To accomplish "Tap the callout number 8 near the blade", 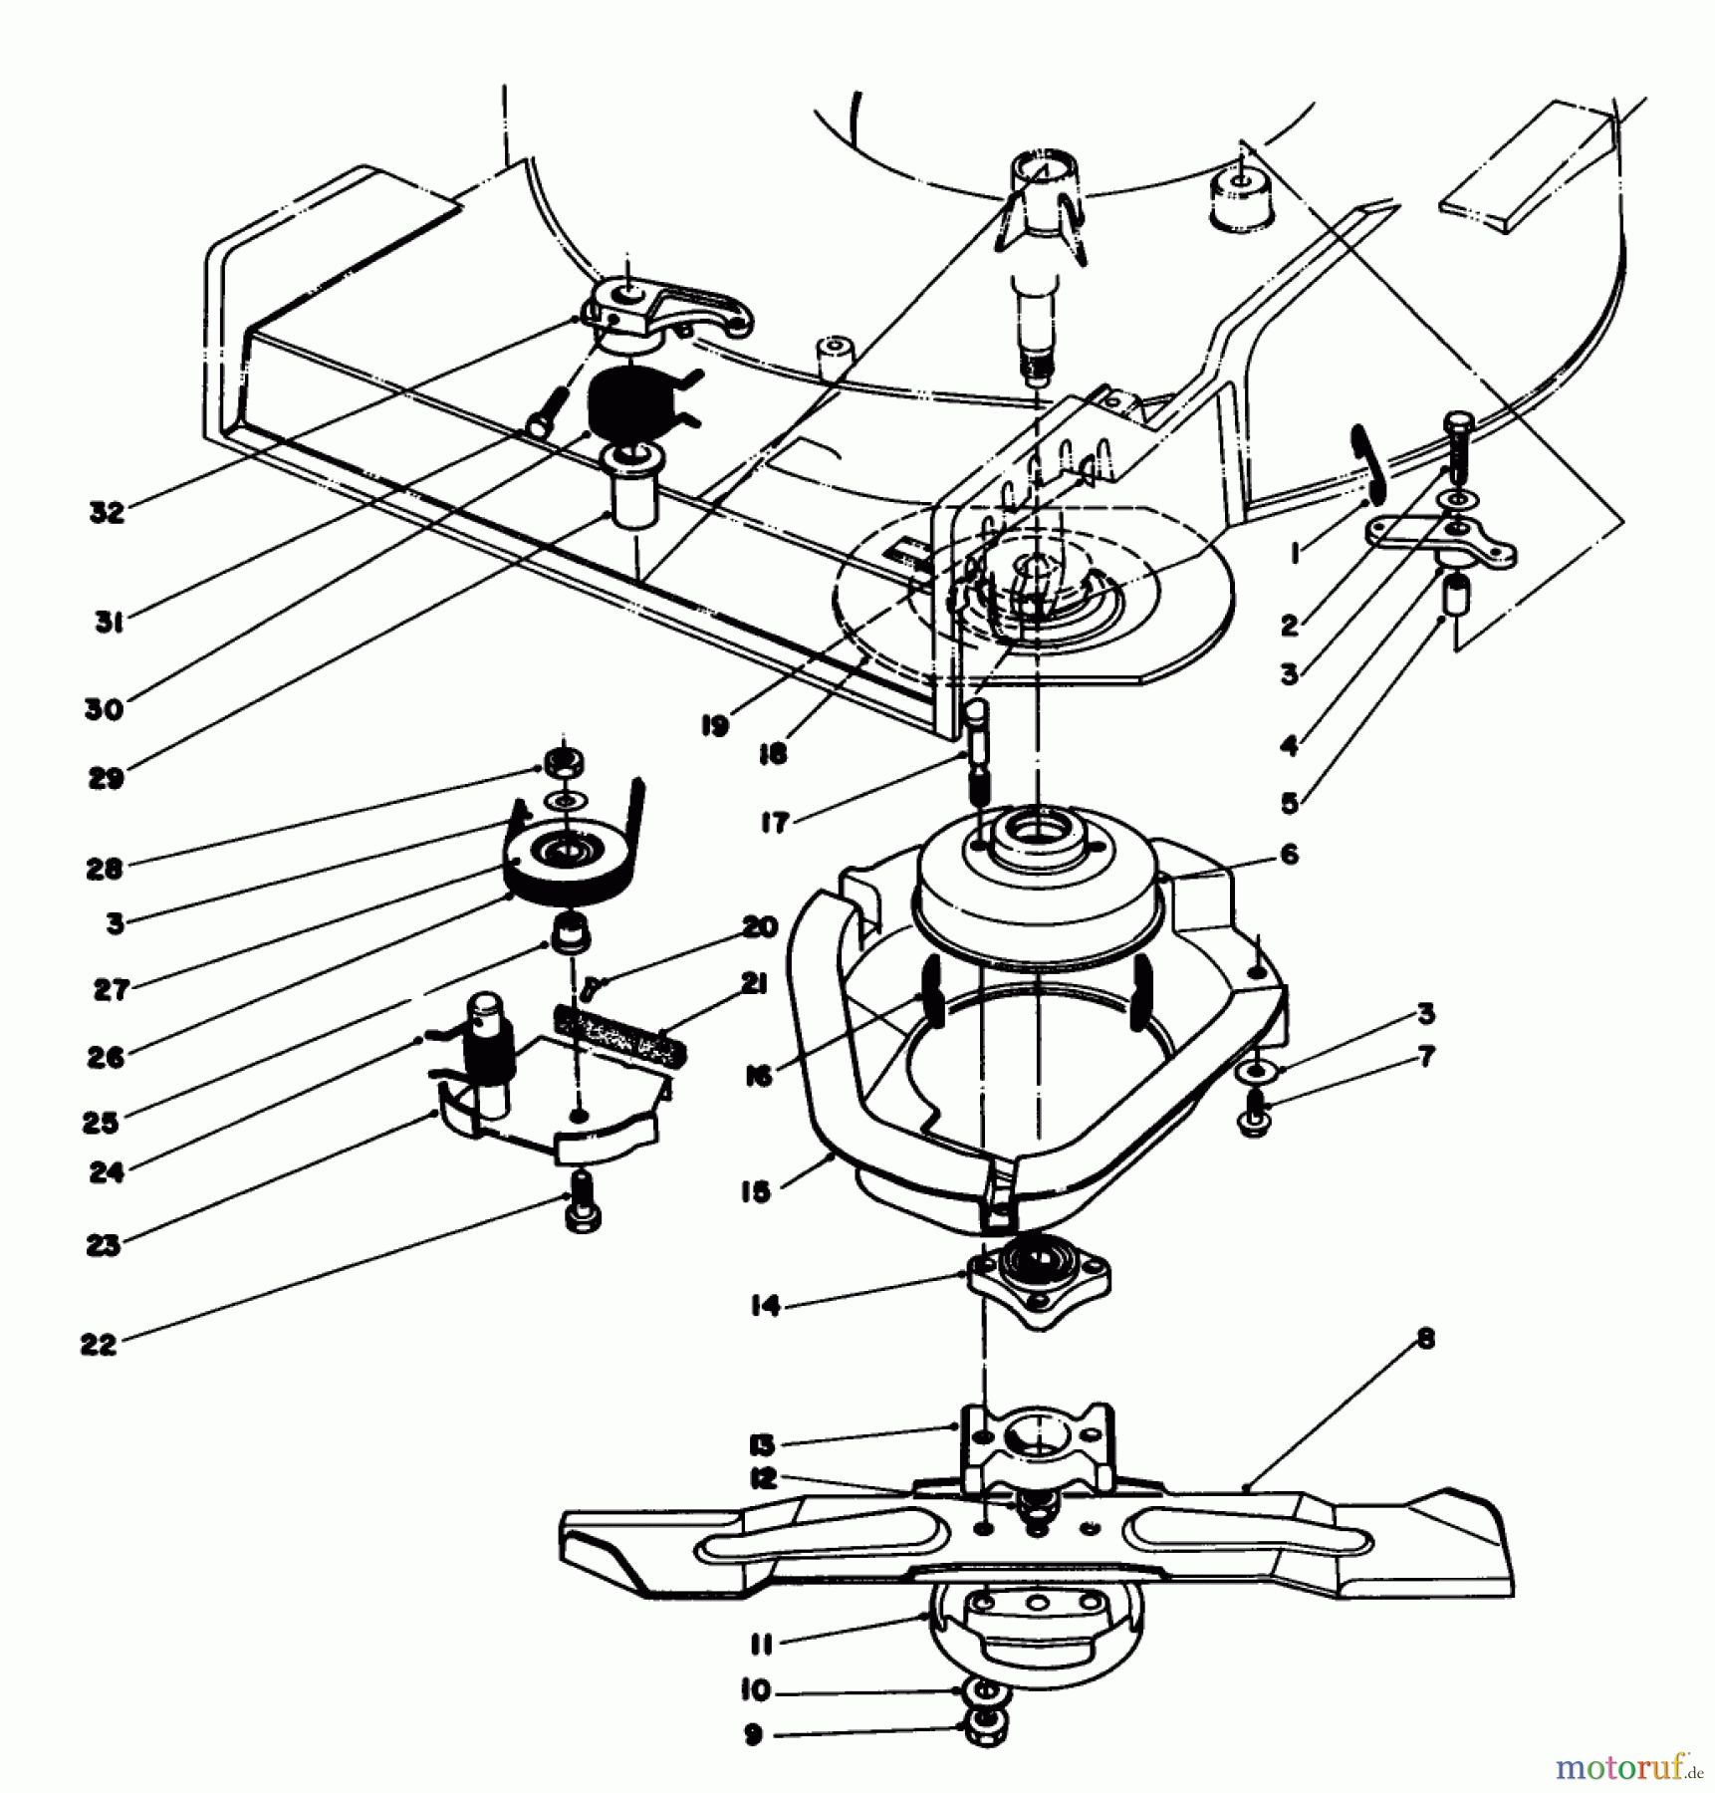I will (x=1425, y=1340).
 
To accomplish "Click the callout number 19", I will (x=714, y=726).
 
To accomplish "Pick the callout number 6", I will (x=1290, y=854).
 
